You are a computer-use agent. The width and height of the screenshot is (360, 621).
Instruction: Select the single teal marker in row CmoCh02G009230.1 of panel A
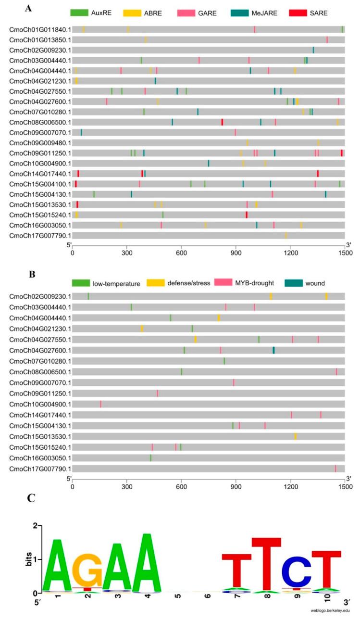[313, 50]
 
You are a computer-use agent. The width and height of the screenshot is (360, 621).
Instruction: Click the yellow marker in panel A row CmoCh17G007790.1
[286, 235]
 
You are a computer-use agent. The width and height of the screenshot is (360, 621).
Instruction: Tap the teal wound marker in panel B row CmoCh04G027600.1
[273, 350]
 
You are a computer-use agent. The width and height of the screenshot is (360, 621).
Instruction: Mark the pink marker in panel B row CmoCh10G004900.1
[100, 404]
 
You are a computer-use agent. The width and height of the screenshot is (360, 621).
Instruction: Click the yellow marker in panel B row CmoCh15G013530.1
[296, 436]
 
